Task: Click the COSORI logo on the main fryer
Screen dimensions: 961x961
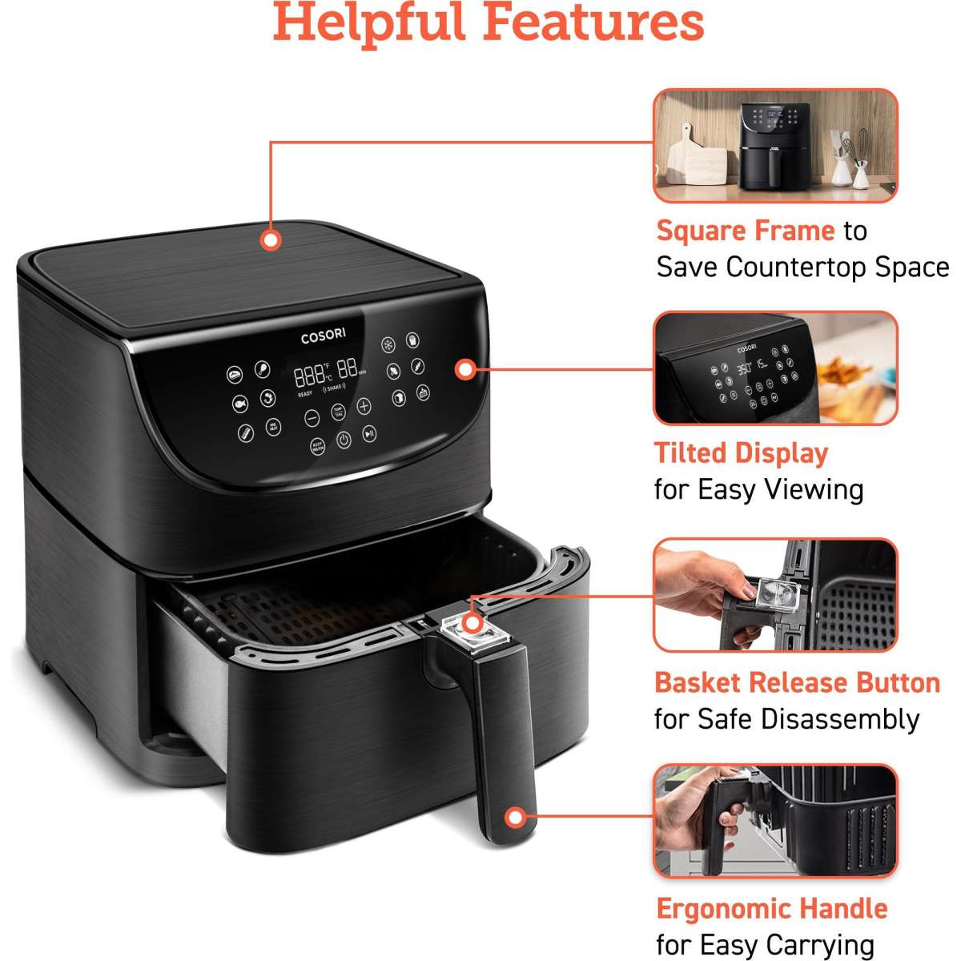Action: coord(323,338)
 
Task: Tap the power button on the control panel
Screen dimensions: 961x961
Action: coord(343,439)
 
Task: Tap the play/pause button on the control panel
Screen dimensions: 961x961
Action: coord(368,433)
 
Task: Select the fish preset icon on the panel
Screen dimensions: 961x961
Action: coord(239,404)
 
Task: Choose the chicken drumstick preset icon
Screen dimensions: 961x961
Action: coord(261,369)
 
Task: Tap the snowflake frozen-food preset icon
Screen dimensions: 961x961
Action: coord(388,345)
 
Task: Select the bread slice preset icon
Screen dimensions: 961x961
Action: coord(398,398)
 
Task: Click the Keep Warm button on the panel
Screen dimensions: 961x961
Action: coord(317,447)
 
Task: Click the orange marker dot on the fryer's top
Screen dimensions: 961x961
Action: coord(271,239)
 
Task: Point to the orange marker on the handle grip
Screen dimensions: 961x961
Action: coord(516,818)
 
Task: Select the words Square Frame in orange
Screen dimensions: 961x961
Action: coord(745,231)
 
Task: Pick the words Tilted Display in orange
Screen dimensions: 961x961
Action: coord(741,453)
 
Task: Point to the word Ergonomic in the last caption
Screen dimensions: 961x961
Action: coord(719,909)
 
